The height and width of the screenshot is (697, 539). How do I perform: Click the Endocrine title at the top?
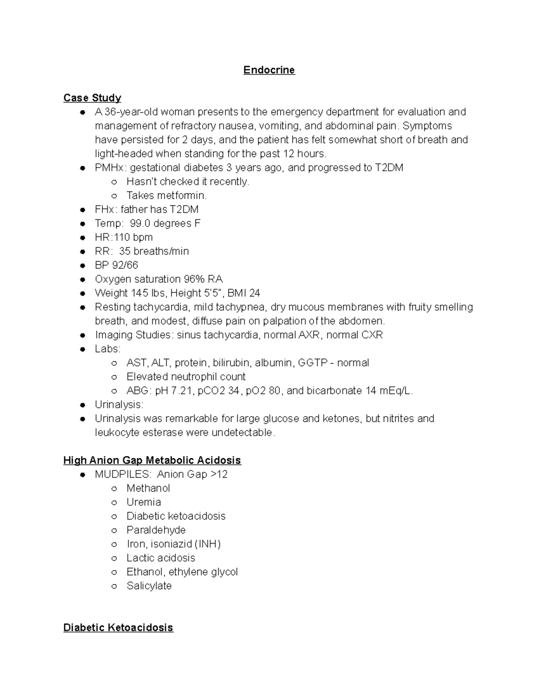269,70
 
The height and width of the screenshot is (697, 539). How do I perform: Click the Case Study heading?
92,98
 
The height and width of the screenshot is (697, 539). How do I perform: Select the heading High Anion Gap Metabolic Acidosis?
152,460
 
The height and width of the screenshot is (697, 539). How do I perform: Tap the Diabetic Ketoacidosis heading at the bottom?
118,627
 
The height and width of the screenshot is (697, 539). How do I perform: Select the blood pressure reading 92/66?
125,265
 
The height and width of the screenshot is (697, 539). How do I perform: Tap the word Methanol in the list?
148,488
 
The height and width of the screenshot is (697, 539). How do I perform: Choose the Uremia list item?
144,502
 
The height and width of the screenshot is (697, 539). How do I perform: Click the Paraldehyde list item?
156,530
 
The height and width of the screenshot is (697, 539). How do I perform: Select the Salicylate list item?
149,586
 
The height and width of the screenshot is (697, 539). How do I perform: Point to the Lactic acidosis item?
161,558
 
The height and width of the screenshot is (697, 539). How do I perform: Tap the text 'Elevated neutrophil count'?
186,377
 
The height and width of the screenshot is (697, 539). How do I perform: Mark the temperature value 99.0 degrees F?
165,223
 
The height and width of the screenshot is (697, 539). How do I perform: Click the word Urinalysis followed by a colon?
119,404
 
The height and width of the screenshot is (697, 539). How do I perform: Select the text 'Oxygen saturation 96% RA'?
159,279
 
